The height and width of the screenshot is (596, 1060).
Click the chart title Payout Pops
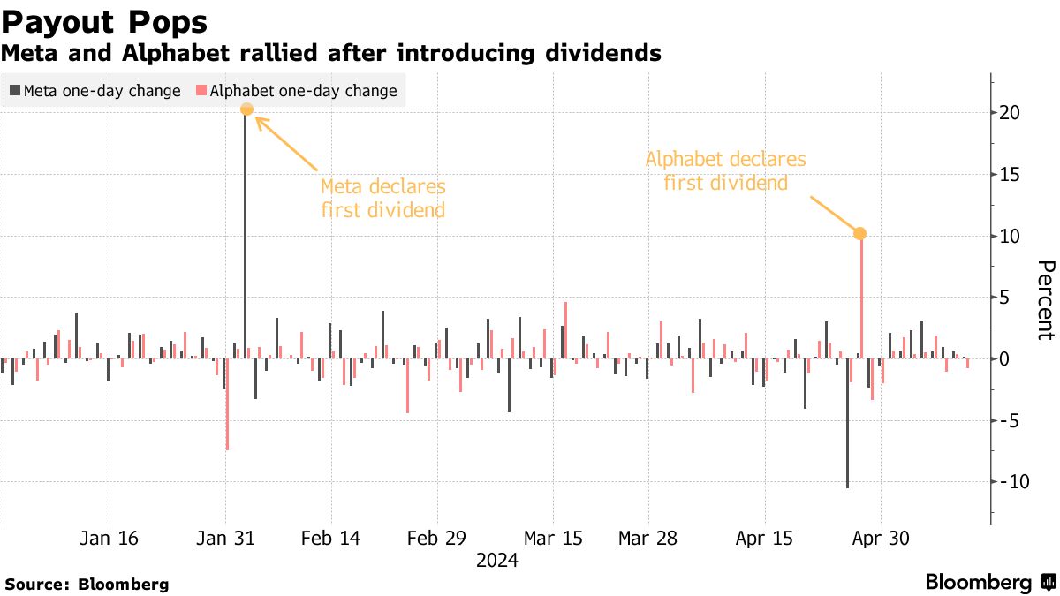[105, 20]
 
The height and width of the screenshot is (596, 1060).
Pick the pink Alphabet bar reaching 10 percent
[860, 300]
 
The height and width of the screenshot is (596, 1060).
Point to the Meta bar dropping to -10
[847, 424]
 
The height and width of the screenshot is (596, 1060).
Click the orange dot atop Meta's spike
[246, 109]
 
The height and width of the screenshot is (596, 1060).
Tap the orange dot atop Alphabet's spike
[860, 234]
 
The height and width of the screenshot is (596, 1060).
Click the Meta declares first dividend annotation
[382, 199]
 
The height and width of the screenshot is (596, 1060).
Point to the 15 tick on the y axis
[1010, 175]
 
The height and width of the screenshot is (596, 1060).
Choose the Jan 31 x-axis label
[225, 538]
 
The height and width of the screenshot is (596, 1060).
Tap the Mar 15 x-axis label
[553, 538]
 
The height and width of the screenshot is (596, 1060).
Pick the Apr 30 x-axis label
[881, 538]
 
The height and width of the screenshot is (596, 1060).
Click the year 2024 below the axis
[496, 560]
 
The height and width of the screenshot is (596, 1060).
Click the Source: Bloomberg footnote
[87, 584]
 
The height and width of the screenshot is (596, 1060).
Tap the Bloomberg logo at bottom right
[989, 583]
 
